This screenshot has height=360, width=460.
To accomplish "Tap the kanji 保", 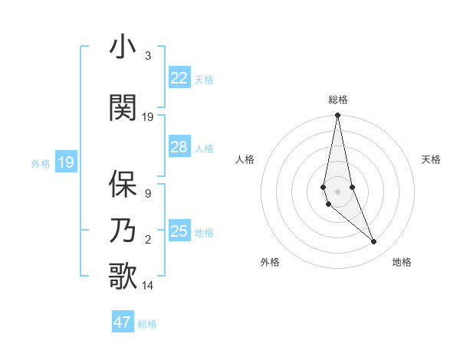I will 123,184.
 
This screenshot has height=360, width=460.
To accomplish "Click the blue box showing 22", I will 179,78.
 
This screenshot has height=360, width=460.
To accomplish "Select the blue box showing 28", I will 179,147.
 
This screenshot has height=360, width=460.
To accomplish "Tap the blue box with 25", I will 179,231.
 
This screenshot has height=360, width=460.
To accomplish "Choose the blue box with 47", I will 123,322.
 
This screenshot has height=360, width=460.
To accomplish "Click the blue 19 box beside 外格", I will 66,162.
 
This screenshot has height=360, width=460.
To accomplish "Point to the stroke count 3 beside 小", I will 147,56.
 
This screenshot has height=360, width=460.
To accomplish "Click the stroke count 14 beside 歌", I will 147,286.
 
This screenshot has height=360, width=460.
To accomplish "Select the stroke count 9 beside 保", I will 147,194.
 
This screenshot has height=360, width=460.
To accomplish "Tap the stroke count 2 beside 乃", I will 147,241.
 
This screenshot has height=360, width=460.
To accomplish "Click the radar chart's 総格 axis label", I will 338,100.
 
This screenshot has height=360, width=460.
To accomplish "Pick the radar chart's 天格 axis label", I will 431,159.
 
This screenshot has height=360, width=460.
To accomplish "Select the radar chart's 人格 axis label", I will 245,159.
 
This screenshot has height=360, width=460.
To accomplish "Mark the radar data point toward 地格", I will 374,242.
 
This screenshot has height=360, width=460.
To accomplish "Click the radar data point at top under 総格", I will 337,116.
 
